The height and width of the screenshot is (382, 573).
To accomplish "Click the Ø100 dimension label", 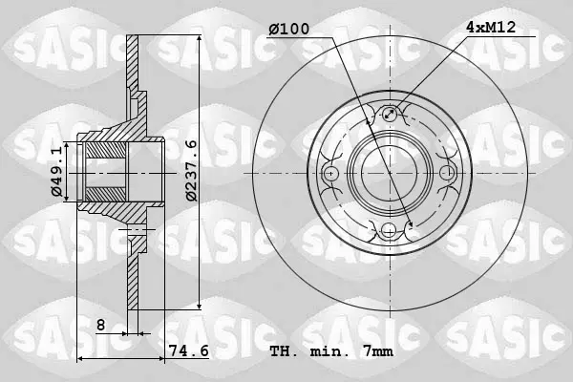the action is (x=288, y=29).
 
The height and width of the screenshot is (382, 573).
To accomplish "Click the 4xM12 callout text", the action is (x=491, y=27).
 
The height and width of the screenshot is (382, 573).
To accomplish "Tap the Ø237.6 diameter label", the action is (x=191, y=170).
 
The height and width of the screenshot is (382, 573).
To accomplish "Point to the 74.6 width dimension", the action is (x=188, y=350).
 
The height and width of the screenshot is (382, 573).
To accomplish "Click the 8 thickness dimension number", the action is (x=101, y=325).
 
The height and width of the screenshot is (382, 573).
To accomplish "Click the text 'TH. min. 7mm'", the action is (x=331, y=351).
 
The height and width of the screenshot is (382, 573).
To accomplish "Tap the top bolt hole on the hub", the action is (x=390, y=114).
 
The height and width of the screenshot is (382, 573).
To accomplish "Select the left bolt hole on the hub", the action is (x=330, y=173).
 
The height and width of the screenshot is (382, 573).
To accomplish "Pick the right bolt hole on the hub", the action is (x=447, y=173).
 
